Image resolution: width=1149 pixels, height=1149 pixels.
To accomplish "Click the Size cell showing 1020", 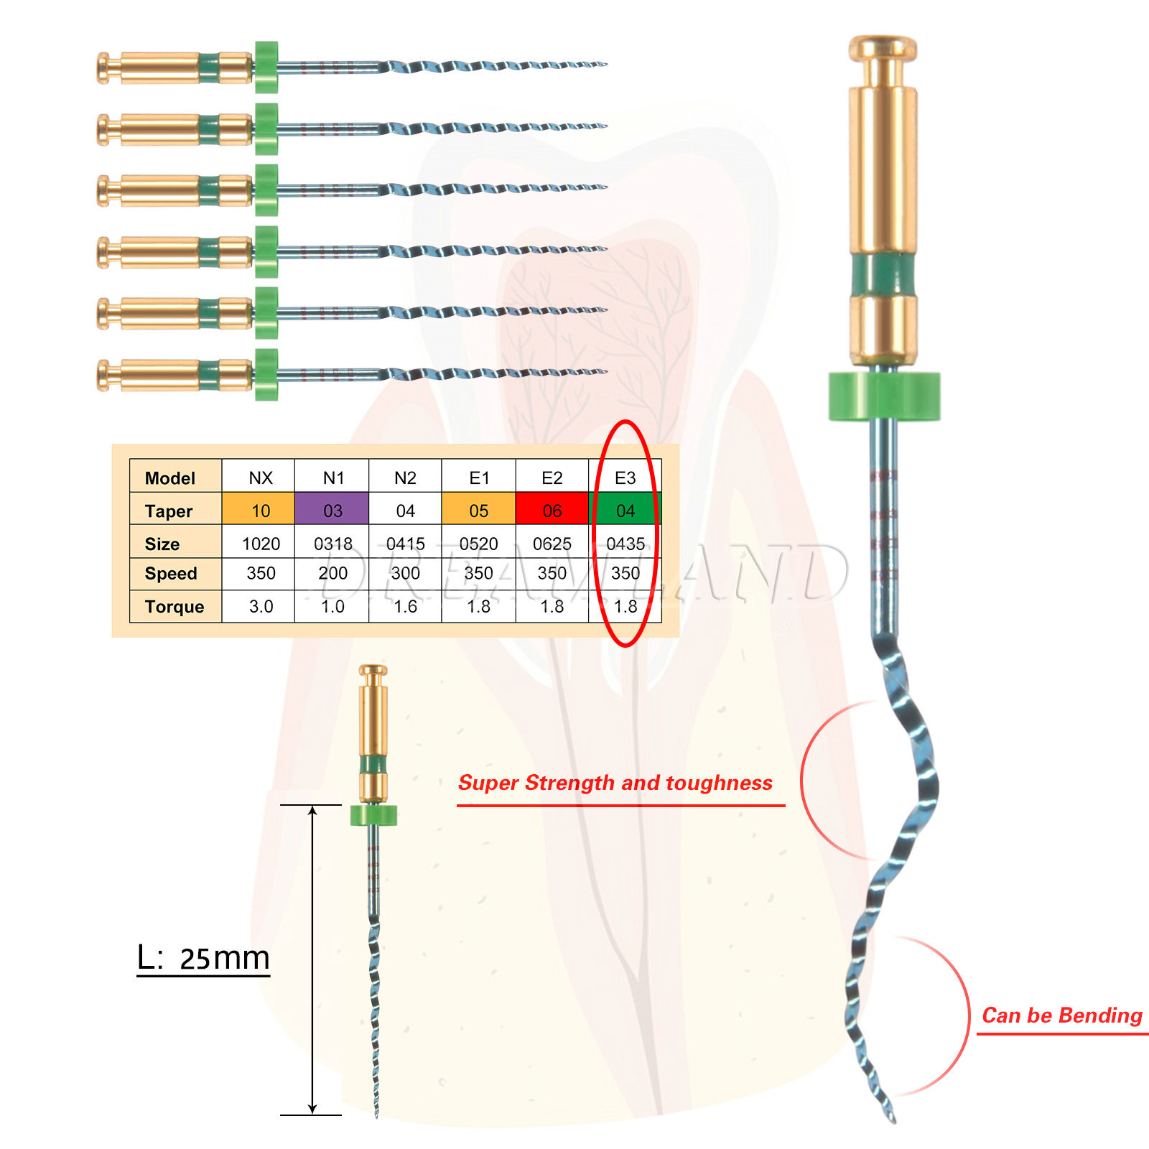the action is (261, 544).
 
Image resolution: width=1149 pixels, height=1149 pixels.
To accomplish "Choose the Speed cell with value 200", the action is (333, 573).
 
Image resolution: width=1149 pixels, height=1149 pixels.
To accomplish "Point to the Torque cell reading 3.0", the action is (261, 606).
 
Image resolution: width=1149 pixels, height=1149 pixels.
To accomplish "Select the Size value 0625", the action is (552, 544).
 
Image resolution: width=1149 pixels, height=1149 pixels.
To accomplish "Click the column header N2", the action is (405, 478).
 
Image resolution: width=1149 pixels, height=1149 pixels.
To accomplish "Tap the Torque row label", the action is (175, 607).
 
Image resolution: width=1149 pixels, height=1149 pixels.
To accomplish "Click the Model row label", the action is (170, 478).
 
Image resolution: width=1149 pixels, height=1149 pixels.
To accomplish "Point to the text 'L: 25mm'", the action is (203, 958).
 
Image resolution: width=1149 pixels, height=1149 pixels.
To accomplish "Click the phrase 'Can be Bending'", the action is (1062, 1015).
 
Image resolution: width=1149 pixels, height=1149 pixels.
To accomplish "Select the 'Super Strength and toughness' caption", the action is (615, 783).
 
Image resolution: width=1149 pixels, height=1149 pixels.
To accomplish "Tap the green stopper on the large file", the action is (884, 395).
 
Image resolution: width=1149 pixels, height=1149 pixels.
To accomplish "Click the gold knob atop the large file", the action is (883, 49).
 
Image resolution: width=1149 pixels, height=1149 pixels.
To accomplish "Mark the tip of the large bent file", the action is (893, 1120).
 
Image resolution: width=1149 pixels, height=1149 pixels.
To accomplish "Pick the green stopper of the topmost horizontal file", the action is (266, 67).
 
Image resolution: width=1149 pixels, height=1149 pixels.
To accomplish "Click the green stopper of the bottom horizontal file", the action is (266, 374).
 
